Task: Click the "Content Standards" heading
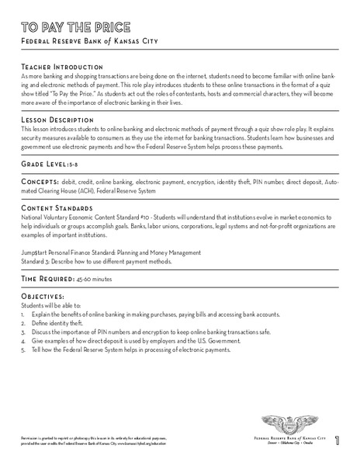click(x=57, y=210)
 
